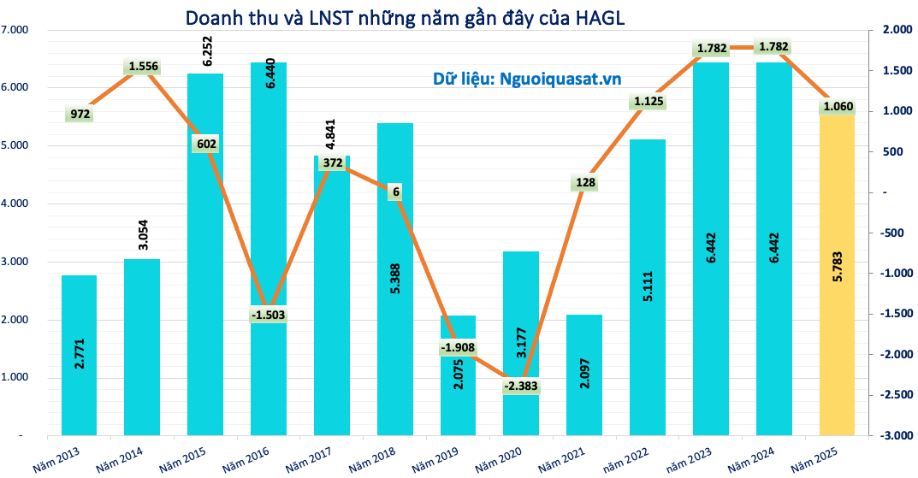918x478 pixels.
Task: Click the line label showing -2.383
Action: point(520,387)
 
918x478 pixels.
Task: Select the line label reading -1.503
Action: point(268,314)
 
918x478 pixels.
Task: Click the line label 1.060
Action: point(838,107)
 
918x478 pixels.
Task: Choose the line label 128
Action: point(583,181)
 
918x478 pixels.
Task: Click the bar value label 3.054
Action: point(143,233)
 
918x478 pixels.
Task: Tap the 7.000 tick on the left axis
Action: point(15,30)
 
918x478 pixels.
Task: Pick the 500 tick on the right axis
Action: point(892,152)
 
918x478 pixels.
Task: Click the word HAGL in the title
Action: point(598,18)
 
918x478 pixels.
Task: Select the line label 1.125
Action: point(649,102)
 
